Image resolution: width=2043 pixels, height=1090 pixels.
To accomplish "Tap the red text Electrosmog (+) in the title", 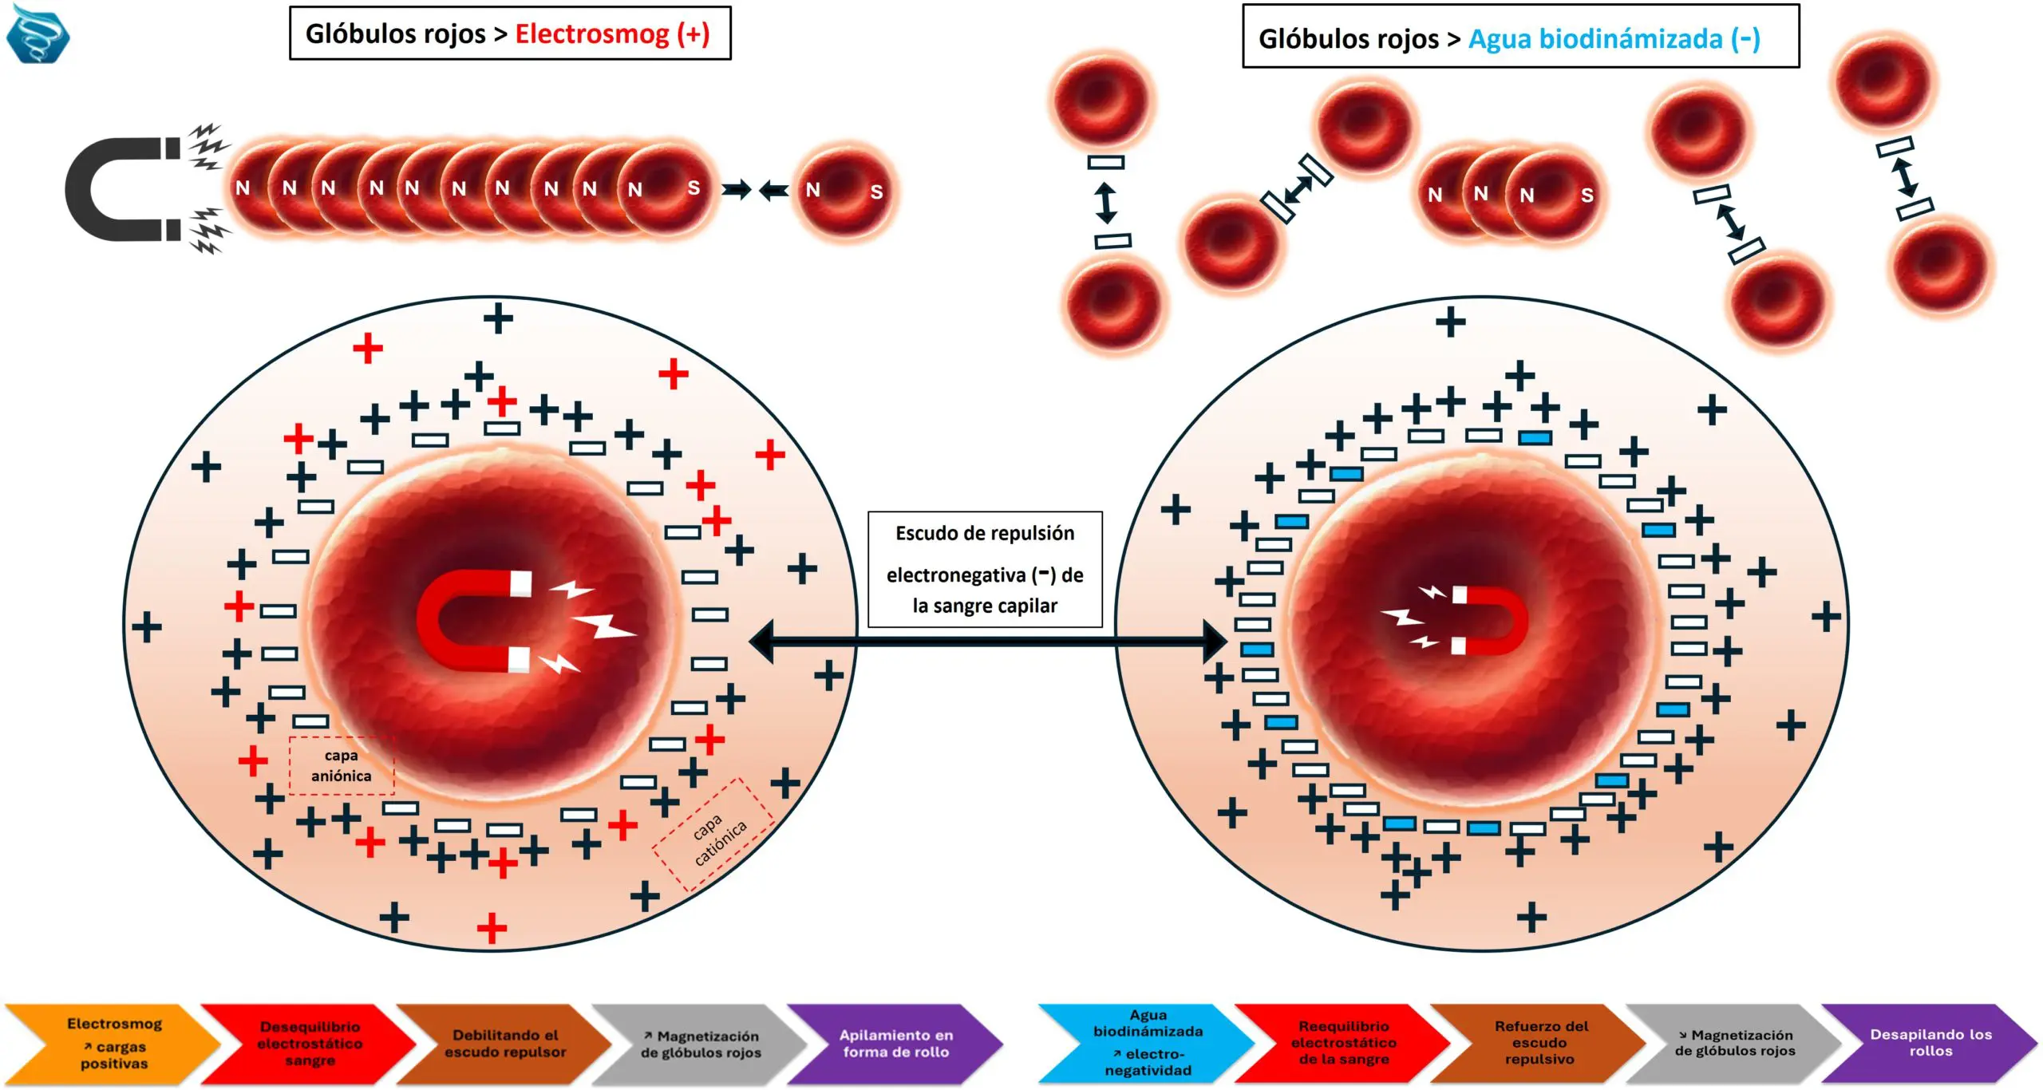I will point(612,34).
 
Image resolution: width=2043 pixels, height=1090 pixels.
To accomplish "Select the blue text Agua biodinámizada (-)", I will point(1614,38).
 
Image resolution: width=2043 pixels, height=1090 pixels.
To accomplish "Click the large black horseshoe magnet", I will point(120,189).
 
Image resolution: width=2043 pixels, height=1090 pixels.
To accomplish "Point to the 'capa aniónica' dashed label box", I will point(342,765).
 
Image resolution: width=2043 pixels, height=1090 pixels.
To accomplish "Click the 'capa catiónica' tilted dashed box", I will point(713,834).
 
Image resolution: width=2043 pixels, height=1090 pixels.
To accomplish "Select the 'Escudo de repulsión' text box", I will point(985,569).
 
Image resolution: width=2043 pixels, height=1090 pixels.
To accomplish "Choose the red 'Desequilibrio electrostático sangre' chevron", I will point(310,1044).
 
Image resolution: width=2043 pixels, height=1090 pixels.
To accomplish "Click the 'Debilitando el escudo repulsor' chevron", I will point(505,1044).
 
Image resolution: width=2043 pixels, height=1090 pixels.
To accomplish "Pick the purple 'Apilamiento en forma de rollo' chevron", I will point(895,1044).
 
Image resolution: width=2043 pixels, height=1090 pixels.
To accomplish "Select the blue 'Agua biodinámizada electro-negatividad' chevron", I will point(1148,1044).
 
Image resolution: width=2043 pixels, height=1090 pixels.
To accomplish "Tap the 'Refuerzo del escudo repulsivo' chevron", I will point(1539,1044).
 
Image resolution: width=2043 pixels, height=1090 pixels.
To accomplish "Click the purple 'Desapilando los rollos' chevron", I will point(1930,1044).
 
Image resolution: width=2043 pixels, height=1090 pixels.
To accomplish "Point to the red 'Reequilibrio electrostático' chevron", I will point(1344,1044).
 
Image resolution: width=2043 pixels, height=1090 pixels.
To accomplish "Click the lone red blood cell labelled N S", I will point(844,191).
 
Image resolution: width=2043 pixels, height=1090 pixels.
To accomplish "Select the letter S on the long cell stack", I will point(694,188).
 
